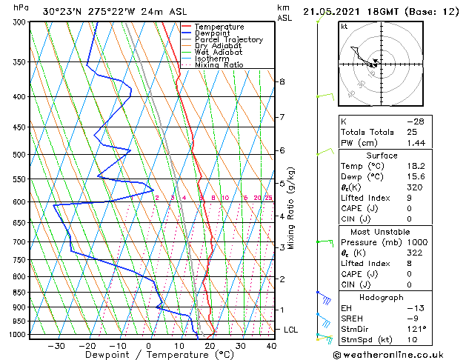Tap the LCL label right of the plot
[290, 330]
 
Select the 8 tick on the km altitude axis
[282, 81]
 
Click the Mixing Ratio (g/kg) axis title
[291, 208]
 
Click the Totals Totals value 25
[412, 132]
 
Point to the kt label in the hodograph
[344, 26]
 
